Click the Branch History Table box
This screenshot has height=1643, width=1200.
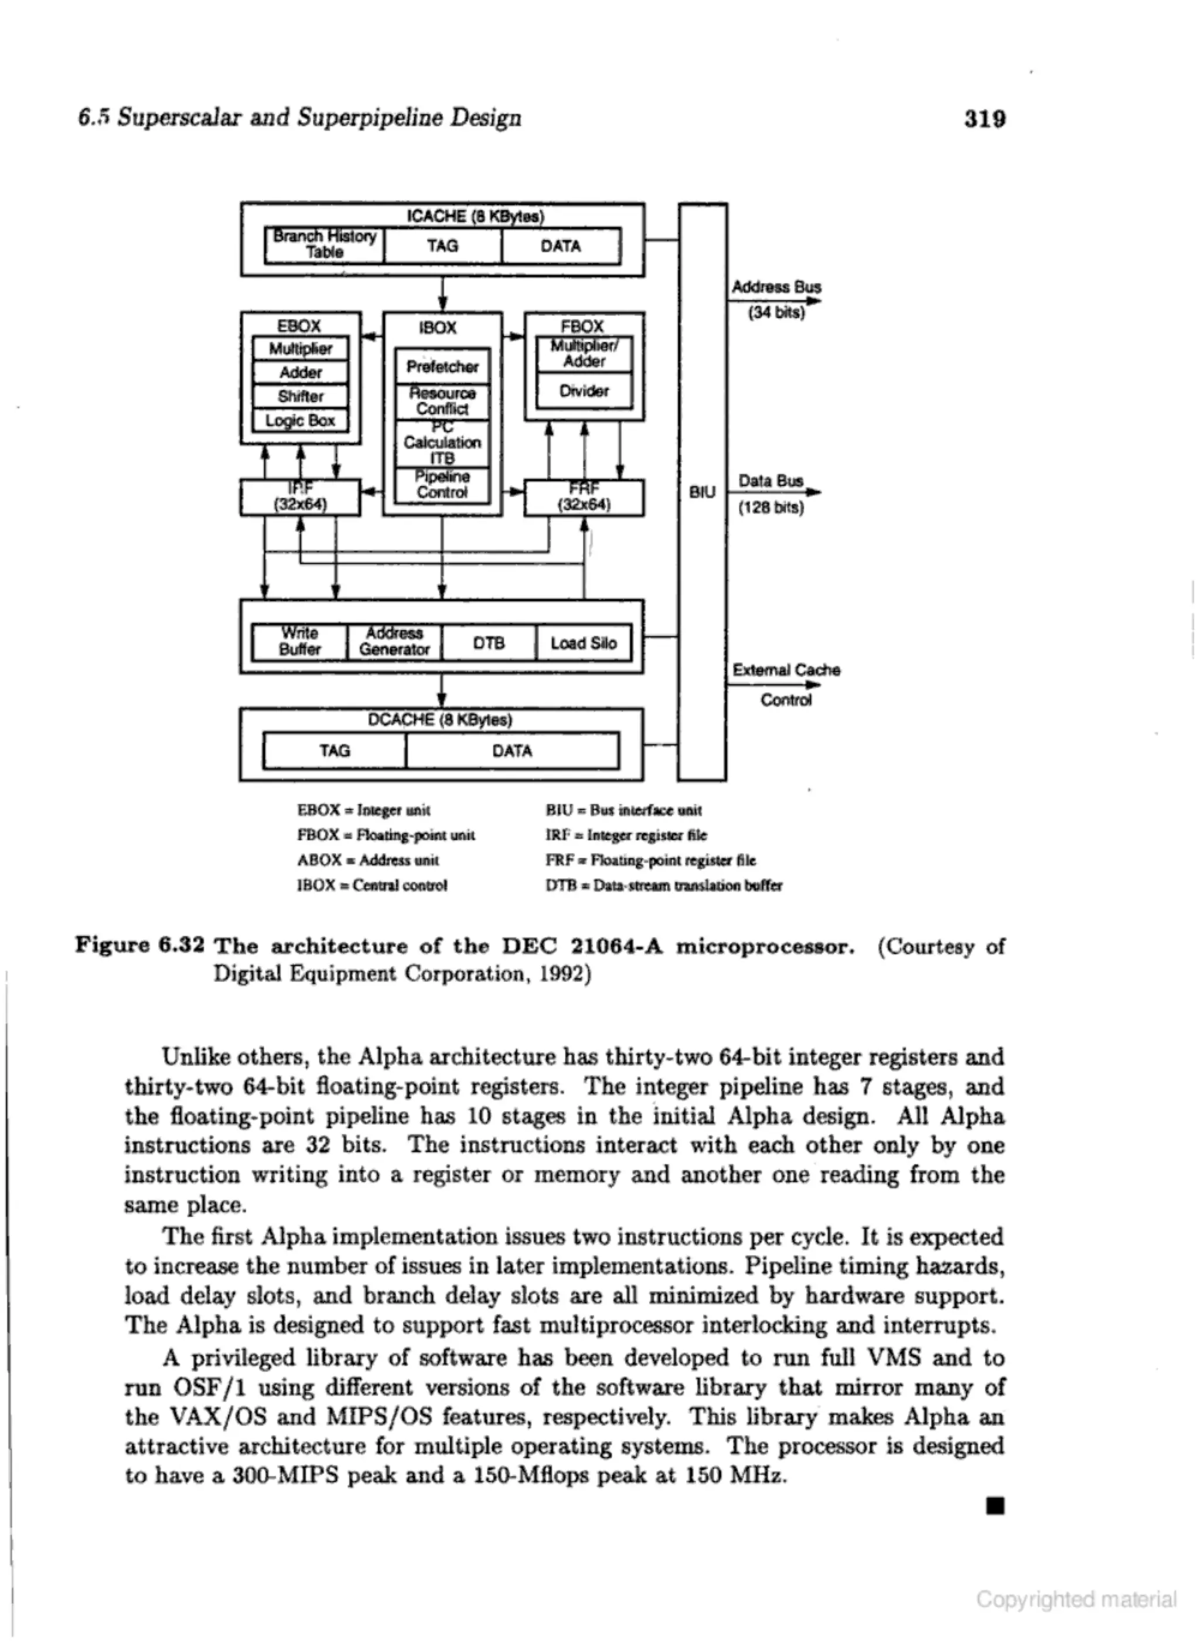pyautogui.click(x=325, y=245)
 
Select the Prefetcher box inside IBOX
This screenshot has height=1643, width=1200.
pyautogui.click(x=442, y=366)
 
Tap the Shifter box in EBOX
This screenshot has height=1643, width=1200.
pyautogui.click(x=300, y=397)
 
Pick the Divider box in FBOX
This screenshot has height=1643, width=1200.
pyautogui.click(x=584, y=391)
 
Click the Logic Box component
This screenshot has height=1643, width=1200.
pyautogui.click(x=300, y=421)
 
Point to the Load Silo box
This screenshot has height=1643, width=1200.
pyautogui.click(x=583, y=643)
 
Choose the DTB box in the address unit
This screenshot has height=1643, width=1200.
pyautogui.click(x=489, y=643)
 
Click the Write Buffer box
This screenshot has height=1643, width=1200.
pyautogui.click(x=299, y=642)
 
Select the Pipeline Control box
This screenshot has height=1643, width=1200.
pyautogui.click(x=442, y=485)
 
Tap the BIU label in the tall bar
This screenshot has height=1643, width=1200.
pyautogui.click(x=703, y=492)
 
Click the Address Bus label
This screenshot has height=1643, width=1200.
pyautogui.click(x=776, y=287)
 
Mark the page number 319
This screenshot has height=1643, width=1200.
pyautogui.click(x=984, y=118)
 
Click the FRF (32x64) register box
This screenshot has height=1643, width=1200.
pyautogui.click(x=584, y=497)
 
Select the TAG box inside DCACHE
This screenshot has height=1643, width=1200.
pyautogui.click(x=335, y=751)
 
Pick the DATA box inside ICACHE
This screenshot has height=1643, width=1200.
pyautogui.click(x=561, y=246)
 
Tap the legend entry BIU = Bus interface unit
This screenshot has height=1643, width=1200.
pyautogui.click(x=623, y=810)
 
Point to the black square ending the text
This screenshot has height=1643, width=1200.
pyautogui.click(x=994, y=1506)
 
